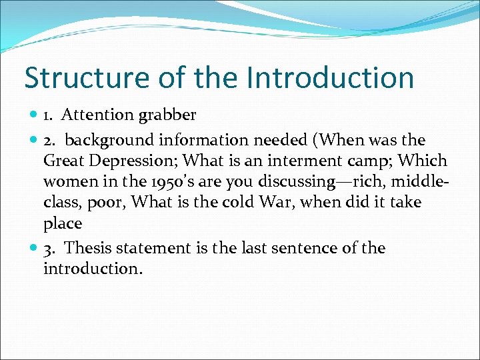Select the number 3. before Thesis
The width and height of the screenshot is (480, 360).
pos(50,249)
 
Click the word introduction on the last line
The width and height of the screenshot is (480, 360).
pos(92,269)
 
